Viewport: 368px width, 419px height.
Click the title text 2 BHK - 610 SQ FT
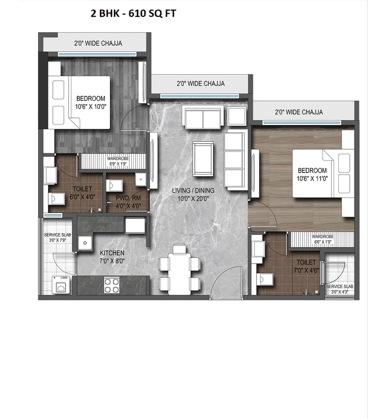coord(133,14)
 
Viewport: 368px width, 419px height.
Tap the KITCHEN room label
coord(112,253)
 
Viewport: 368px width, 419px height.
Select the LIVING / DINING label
coord(193,190)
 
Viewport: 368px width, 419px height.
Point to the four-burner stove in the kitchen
coord(112,285)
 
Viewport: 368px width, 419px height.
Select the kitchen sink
coord(85,243)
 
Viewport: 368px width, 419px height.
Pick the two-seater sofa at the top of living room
coord(203,117)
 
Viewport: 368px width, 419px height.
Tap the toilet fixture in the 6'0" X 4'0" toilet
coord(57,198)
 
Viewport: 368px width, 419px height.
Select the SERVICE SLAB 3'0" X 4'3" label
coord(339,289)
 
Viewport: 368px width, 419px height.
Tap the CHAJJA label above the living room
coord(200,83)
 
